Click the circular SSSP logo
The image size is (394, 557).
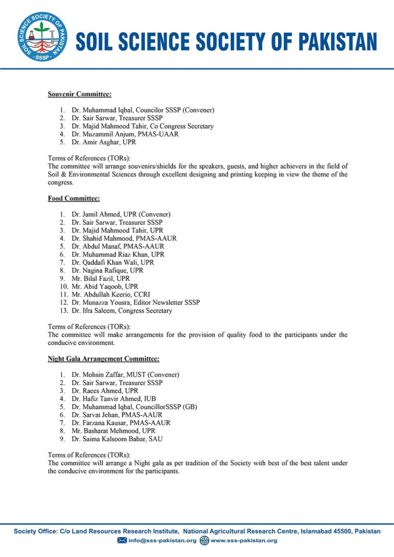[42, 36]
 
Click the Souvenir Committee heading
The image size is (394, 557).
[79, 95]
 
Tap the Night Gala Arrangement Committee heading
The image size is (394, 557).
[103, 359]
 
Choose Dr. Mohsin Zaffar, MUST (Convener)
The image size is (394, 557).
[126, 375]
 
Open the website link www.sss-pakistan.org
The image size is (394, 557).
[244, 541]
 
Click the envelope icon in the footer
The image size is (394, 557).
[122, 541]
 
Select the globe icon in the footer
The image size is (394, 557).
[204, 541]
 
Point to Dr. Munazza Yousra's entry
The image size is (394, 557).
[135, 302]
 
